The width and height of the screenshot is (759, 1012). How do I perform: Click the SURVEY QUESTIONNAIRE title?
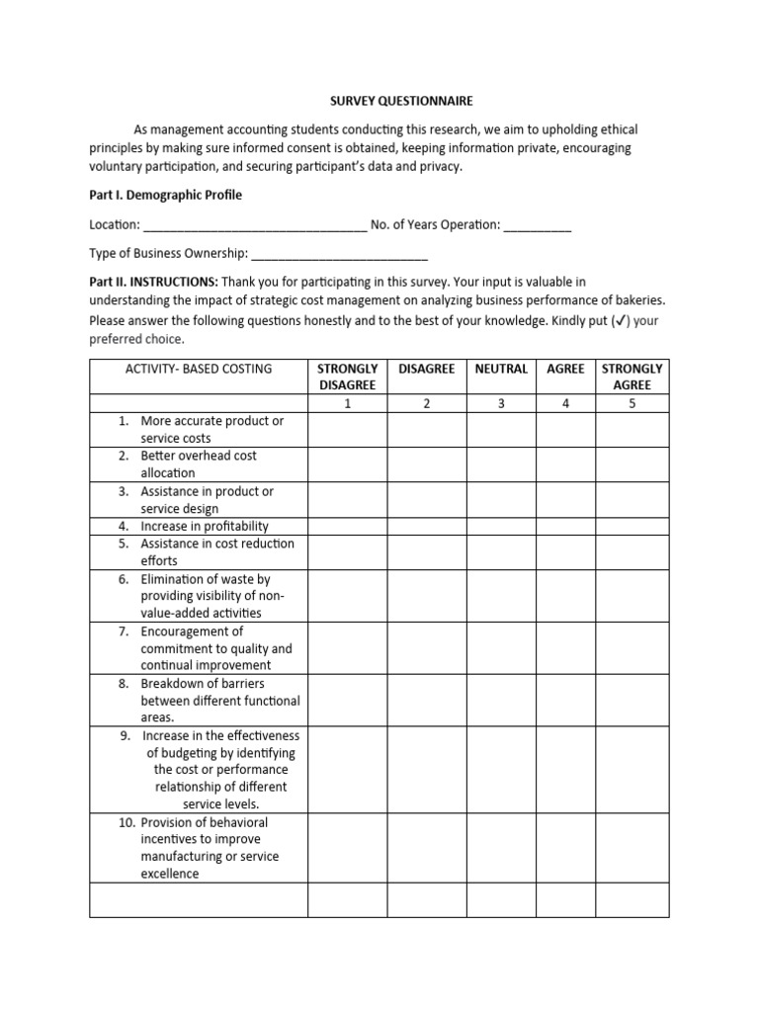(x=387, y=101)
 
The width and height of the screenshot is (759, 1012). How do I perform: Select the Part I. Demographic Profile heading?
(x=165, y=195)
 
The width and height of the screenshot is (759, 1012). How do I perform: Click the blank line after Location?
(x=255, y=226)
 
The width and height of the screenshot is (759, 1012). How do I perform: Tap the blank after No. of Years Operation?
(x=537, y=226)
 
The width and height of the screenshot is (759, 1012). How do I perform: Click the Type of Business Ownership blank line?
(x=339, y=255)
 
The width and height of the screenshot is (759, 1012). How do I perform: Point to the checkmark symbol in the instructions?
(x=620, y=321)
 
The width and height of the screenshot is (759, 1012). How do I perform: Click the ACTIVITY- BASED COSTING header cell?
(x=199, y=369)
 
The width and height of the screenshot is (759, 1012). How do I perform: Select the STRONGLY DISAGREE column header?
(x=347, y=377)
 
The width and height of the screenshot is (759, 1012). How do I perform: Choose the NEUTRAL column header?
(x=501, y=369)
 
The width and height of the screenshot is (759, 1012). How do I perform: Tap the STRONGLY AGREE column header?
(x=632, y=377)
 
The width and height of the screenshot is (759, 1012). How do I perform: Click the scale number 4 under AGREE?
(x=566, y=403)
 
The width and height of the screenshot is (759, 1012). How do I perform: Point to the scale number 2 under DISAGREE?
(x=426, y=403)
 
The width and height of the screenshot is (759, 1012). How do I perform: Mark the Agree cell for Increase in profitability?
(x=566, y=526)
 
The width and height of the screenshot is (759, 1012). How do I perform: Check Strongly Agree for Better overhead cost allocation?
(x=632, y=464)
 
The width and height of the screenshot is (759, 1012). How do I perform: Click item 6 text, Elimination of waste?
(x=212, y=596)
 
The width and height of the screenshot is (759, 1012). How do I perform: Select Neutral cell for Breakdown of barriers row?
(x=501, y=701)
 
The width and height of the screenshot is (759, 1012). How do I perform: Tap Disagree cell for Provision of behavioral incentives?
(x=426, y=848)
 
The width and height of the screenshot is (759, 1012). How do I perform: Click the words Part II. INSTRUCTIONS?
(x=153, y=282)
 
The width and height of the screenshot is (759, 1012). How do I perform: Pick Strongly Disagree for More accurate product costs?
(x=347, y=429)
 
